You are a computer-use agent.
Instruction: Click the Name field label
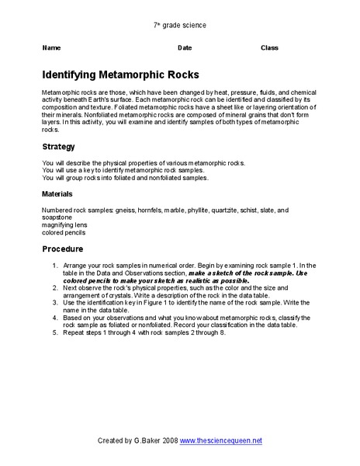pos(50,48)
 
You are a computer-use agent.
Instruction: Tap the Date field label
pos(185,48)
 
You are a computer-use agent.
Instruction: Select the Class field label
pos(269,48)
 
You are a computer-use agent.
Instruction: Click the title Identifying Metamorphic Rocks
pos(120,75)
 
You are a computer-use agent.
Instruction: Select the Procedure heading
pos(63,249)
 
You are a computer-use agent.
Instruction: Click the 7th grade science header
pos(180,25)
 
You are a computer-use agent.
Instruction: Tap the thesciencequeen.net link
pos(221,440)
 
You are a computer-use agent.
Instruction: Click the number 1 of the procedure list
pos(55,265)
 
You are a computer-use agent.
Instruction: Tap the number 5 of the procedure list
pos(55,332)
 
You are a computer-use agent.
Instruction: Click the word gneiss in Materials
pos(124,210)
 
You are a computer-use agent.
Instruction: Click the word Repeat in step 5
pos(75,332)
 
